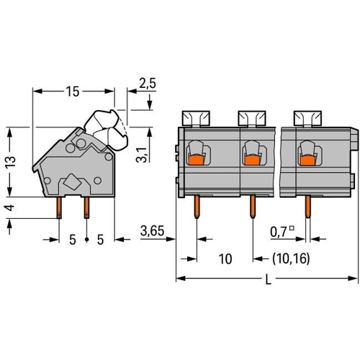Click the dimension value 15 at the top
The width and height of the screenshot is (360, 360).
point(73,91)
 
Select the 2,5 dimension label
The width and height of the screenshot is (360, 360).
point(148,84)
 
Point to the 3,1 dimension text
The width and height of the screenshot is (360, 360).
point(142,156)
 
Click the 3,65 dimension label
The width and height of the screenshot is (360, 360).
point(153,231)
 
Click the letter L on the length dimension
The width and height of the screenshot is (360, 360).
point(269,279)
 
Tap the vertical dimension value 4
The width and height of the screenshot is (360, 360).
point(10,207)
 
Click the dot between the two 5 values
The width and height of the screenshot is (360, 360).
point(87,239)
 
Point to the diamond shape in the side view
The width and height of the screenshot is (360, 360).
point(72,181)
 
